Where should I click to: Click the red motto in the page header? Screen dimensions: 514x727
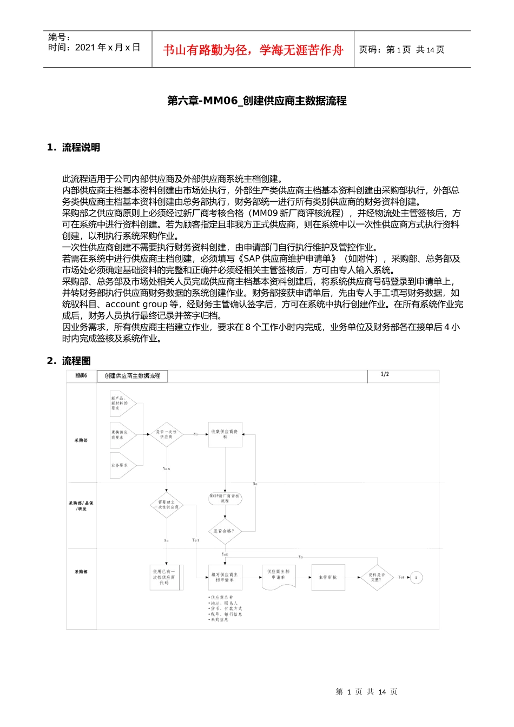(253, 50)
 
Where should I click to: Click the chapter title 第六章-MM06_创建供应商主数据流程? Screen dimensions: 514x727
(257, 101)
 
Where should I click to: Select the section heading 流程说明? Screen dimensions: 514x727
(81, 148)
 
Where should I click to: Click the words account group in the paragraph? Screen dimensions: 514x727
(136, 305)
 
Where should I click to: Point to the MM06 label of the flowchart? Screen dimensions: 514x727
(81, 375)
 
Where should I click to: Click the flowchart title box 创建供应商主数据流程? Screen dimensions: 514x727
(132, 376)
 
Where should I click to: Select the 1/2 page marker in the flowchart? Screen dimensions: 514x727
(385, 374)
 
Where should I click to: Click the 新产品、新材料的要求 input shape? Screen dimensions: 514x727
(121, 404)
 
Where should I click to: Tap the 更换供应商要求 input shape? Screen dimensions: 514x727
(121, 434)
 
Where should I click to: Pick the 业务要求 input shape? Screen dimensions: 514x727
(121, 465)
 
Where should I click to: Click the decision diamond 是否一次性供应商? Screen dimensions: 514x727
(167, 434)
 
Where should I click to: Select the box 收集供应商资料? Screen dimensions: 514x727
(225, 434)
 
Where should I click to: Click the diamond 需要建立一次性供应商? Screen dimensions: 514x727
(167, 505)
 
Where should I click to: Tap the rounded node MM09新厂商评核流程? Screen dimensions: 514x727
(225, 498)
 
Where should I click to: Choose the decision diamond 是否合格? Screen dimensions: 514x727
(224, 531)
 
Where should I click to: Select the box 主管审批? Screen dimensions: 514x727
(328, 577)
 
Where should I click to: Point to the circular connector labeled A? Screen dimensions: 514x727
(416, 577)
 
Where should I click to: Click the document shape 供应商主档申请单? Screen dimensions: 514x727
(278, 576)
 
